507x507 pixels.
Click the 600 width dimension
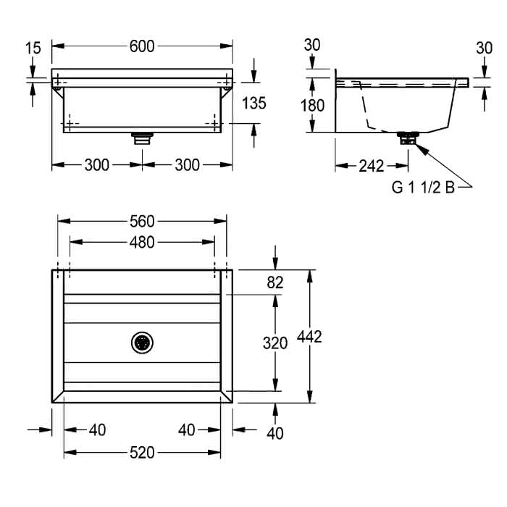click(x=142, y=46)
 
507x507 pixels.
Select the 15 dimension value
click(x=33, y=49)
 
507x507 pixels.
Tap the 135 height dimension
click(x=254, y=103)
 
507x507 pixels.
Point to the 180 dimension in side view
click(x=312, y=106)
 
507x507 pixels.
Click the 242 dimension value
click(x=372, y=166)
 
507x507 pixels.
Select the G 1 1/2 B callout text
click(x=423, y=187)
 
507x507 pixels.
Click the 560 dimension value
click(x=142, y=222)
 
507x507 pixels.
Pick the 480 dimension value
click(x=142, y=242)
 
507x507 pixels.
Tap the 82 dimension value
click(x=275, y=282)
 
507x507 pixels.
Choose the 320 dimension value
click(x=275, y=343)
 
